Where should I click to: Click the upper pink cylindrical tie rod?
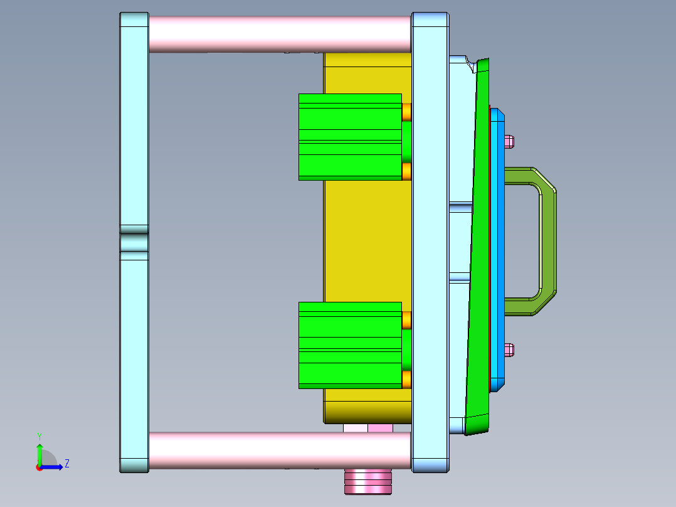[279, 34]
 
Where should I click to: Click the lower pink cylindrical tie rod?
[279, 451]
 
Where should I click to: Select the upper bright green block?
[349, 136]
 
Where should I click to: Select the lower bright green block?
[349, 344]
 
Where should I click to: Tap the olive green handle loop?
[546, 241]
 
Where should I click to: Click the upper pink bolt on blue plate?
[509, 141]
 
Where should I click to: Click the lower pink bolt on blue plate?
[509, 350]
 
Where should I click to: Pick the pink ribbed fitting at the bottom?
[368, 481]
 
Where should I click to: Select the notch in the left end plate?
[134, 242]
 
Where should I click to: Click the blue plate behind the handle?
[497, 251]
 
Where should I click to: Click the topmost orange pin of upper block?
[406, 112]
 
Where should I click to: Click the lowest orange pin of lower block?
[406, 379]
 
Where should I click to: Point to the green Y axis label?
[39, 435]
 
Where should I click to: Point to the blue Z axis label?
[66, 464]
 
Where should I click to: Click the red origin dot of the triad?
[39, 467]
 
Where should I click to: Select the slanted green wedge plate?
[480, 251]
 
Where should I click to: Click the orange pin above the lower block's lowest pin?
[406, 320]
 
